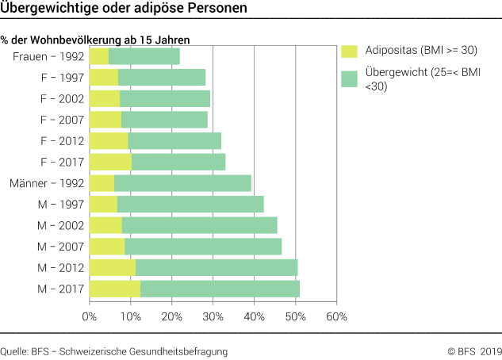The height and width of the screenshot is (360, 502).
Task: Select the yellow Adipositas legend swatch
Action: point(350,51)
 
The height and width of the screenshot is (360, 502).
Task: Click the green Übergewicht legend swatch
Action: point(350,79)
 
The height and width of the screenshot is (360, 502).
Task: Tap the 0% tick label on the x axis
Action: point(90,317)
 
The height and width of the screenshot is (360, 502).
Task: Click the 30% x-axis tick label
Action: point(213,317)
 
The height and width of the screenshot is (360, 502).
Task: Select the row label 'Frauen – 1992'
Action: point(48,56)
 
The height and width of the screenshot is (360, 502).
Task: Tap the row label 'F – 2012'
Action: point(60,141)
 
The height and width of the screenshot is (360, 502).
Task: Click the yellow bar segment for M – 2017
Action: point(115,289)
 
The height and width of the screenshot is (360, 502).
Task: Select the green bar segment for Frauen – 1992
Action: point(144,56)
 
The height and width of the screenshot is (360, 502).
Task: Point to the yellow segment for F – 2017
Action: point(110,162)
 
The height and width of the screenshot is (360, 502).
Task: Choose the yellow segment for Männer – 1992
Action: point(102,183)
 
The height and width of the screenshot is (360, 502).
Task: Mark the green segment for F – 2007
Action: point(164,120)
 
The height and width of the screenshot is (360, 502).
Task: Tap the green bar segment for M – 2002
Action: point(199,225)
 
